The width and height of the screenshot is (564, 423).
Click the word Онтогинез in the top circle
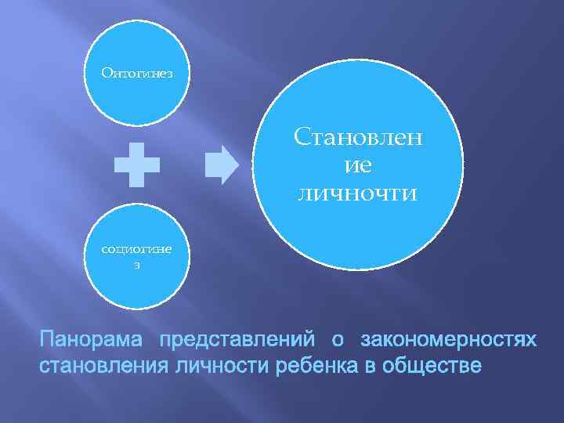pyautogui.click(x=137, y=74)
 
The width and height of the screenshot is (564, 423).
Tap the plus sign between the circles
pyautogui.click(x=137, y=164)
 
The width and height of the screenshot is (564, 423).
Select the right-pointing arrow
pyautogui.click(x=224, y=164)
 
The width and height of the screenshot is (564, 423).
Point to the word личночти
pyautogui.click(x=358, y=192)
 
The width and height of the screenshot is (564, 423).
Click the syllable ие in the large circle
pyautogui.click(x=358, y=166)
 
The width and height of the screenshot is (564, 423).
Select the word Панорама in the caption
pyautogui.click(x=92, y=341)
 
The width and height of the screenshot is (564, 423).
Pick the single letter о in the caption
pyautogui.click(x=338, y=341)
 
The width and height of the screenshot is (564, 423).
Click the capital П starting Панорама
pyautogui.click(x=47, y=341)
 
